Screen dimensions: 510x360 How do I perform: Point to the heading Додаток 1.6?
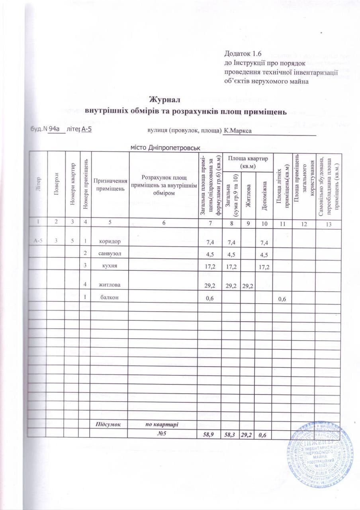(x=243, y=53)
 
